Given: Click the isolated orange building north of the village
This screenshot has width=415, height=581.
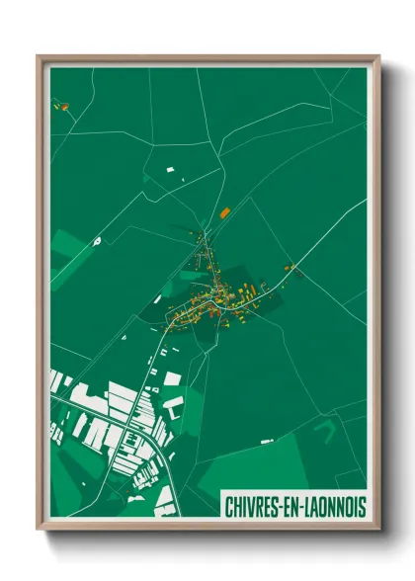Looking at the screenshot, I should point(224,210).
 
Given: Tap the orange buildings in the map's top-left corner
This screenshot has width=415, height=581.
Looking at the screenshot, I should point(60,104).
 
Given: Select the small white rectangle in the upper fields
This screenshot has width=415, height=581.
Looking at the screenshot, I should point(170,171).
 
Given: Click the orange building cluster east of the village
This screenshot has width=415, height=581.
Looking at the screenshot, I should point(290,267).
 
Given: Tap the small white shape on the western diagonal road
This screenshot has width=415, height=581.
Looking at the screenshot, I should point(97,240).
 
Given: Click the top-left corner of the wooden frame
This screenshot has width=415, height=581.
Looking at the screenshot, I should point(39,56).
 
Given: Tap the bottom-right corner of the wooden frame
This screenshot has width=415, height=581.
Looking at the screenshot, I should point(378,529).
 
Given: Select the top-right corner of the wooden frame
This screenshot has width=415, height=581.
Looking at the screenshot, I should point(378,56).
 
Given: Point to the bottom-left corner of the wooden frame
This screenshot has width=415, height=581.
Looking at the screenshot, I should point(39,529).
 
